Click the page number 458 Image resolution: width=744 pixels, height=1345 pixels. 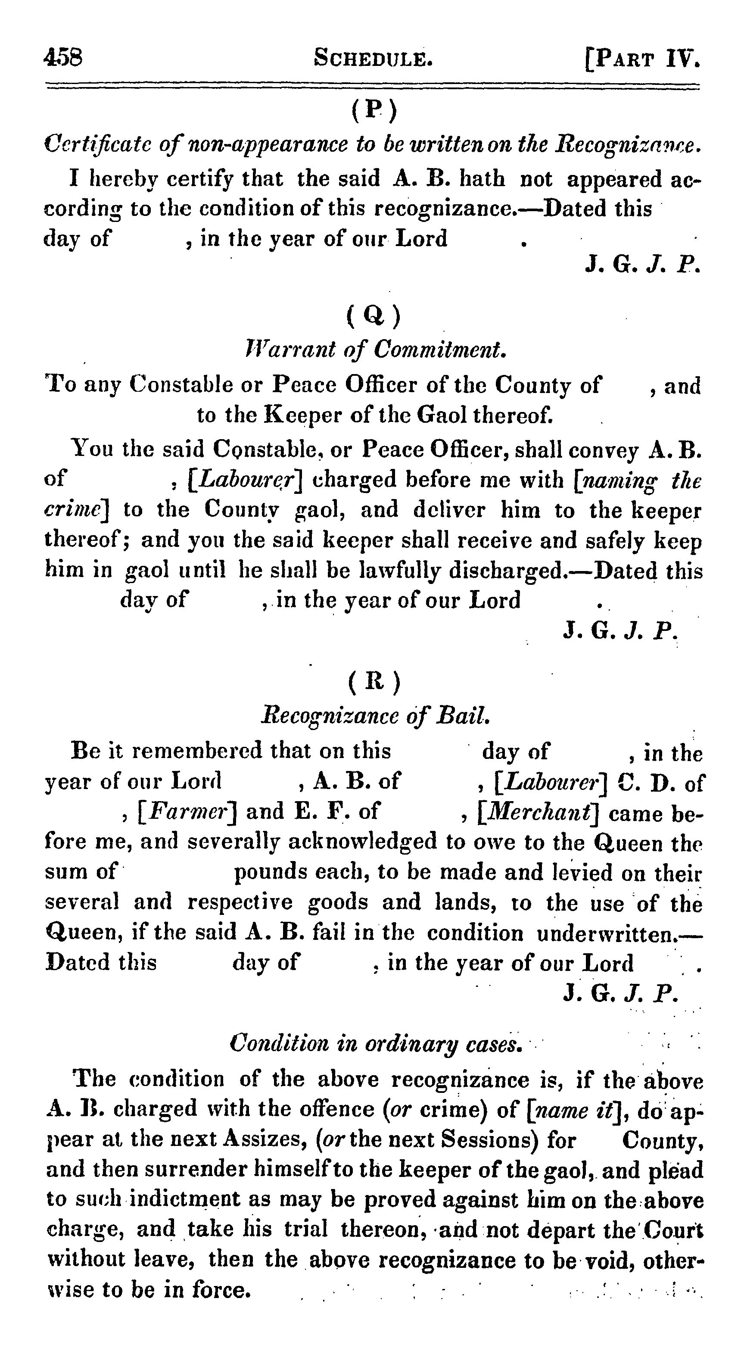63,58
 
